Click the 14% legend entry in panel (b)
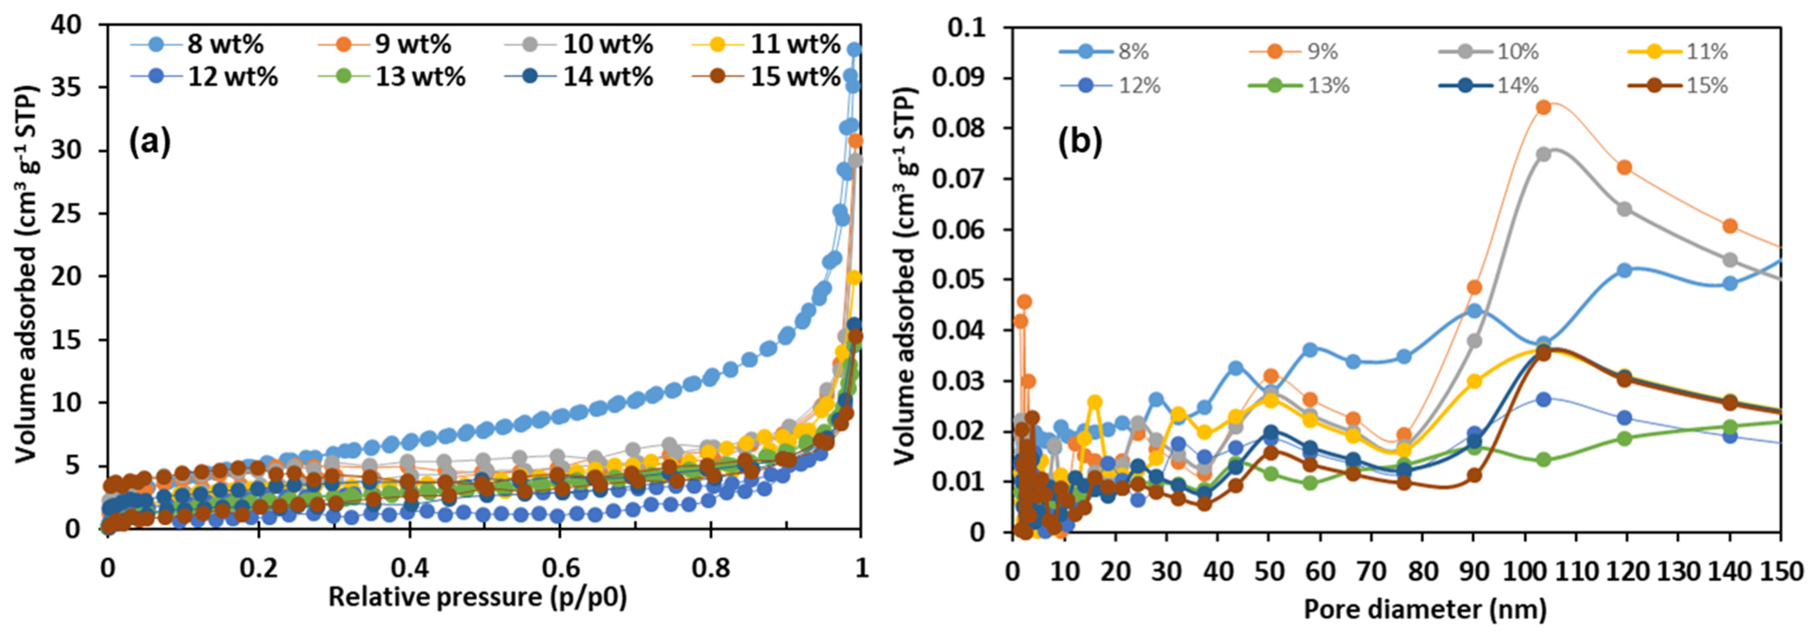click(x=1518, y=86)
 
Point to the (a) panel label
click(x=149, y=143)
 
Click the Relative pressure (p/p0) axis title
click(x=477, y=597)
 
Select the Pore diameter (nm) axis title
click(x=1425, y=609)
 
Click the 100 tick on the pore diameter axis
click(x=1524, y=571)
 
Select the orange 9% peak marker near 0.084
click(x=1543, y=107)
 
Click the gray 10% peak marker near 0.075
click(x=1543, y=154)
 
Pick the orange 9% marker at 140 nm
click(x=1729, y=226)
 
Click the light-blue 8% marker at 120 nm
click(x=1625, y=270)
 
